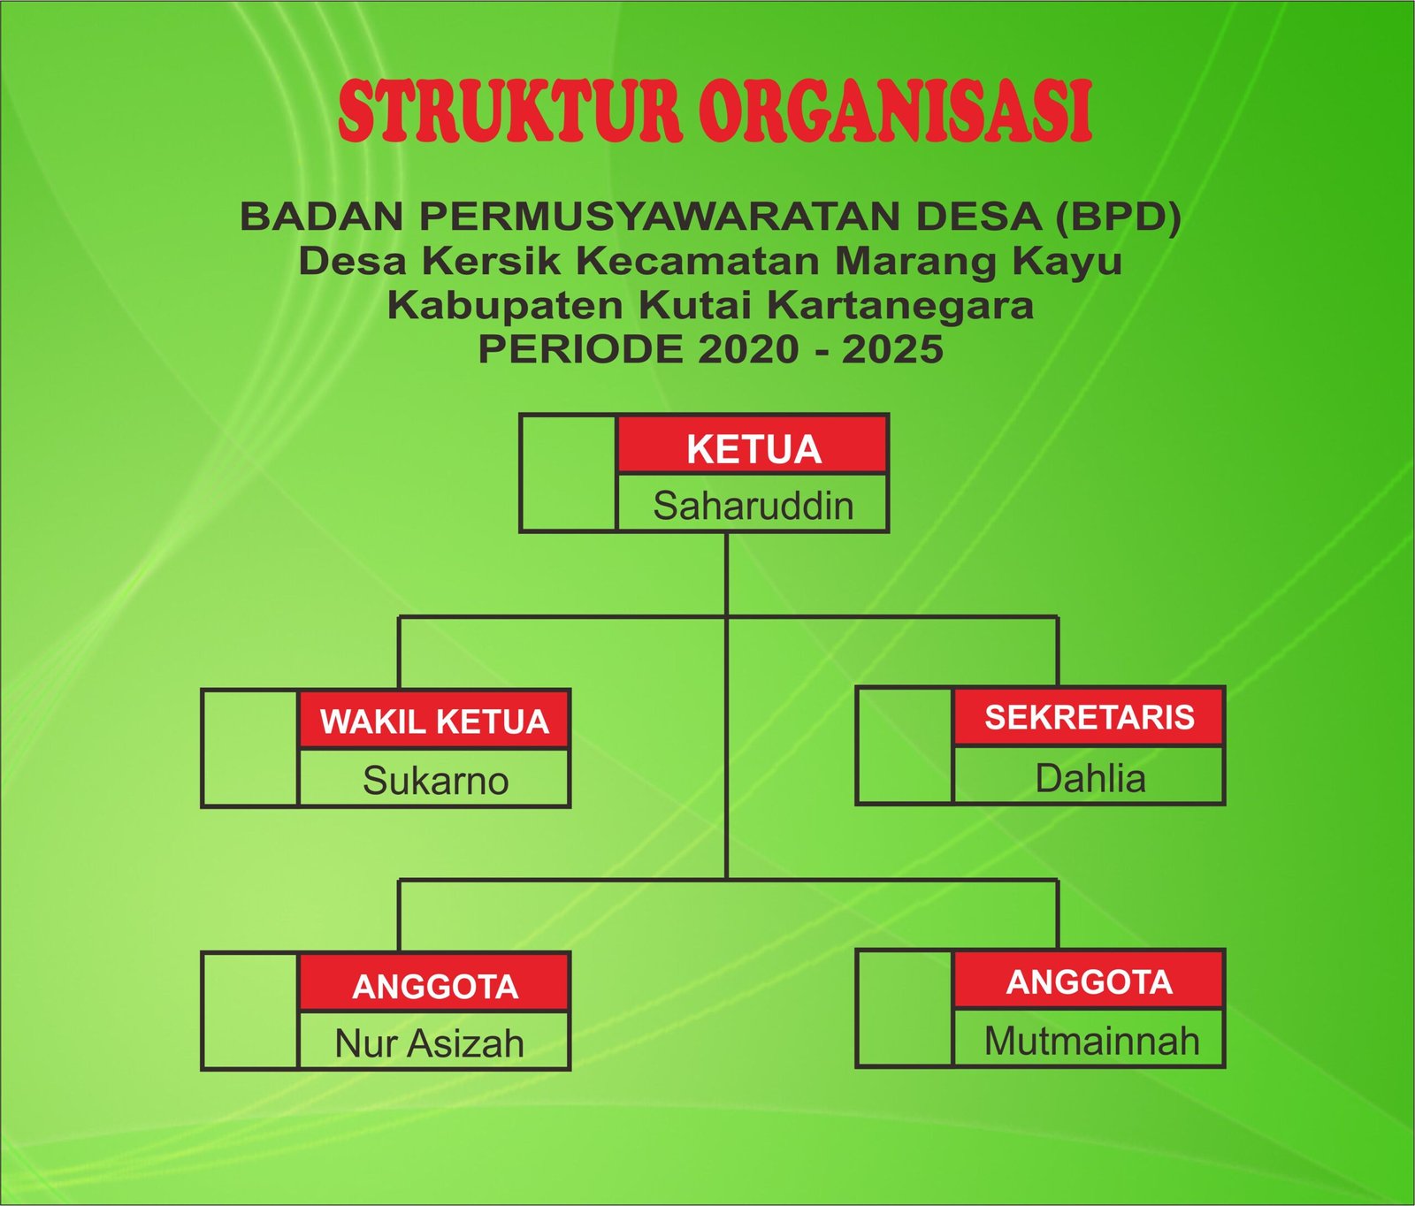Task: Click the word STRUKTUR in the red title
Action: point(510,111)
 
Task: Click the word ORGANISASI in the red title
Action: point(896,111)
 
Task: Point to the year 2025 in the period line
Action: point(892,349)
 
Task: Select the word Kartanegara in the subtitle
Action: point(899,306)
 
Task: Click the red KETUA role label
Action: point(753,449)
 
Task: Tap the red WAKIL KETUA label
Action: point(434,721)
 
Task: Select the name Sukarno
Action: point(435,781)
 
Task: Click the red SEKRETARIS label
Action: point(1090,717)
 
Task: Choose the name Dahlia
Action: point(1090,778)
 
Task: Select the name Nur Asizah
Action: point(429,1044)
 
